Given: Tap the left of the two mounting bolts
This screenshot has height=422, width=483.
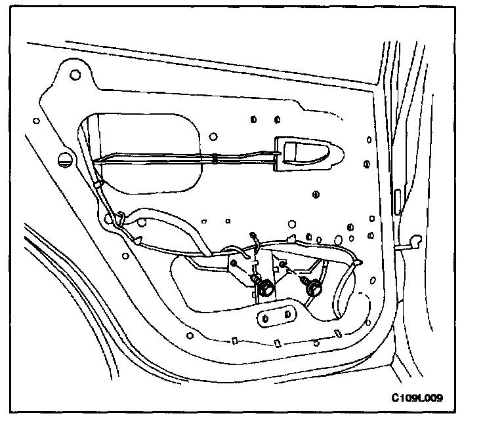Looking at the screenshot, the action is pos(268,286).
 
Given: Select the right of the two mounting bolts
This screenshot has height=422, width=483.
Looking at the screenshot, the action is pos(314,286).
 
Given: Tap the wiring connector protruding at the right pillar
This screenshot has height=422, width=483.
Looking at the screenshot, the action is pos(413,242).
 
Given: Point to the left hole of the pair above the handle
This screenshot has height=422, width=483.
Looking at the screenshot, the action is pos(253,119).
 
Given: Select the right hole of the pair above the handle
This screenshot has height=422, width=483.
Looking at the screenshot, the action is pos(276,119).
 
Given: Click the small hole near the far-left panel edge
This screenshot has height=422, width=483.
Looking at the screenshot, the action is pos(34,120).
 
